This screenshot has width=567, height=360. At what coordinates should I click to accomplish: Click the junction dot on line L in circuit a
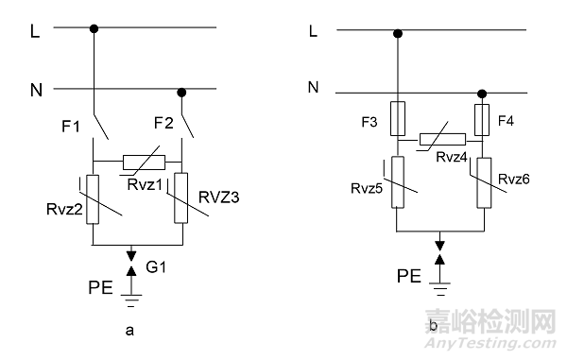coord(94,28)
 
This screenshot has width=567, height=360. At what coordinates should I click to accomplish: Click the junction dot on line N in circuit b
coord(481,94)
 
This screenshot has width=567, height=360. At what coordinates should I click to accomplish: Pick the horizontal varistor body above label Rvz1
coord(143,161)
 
